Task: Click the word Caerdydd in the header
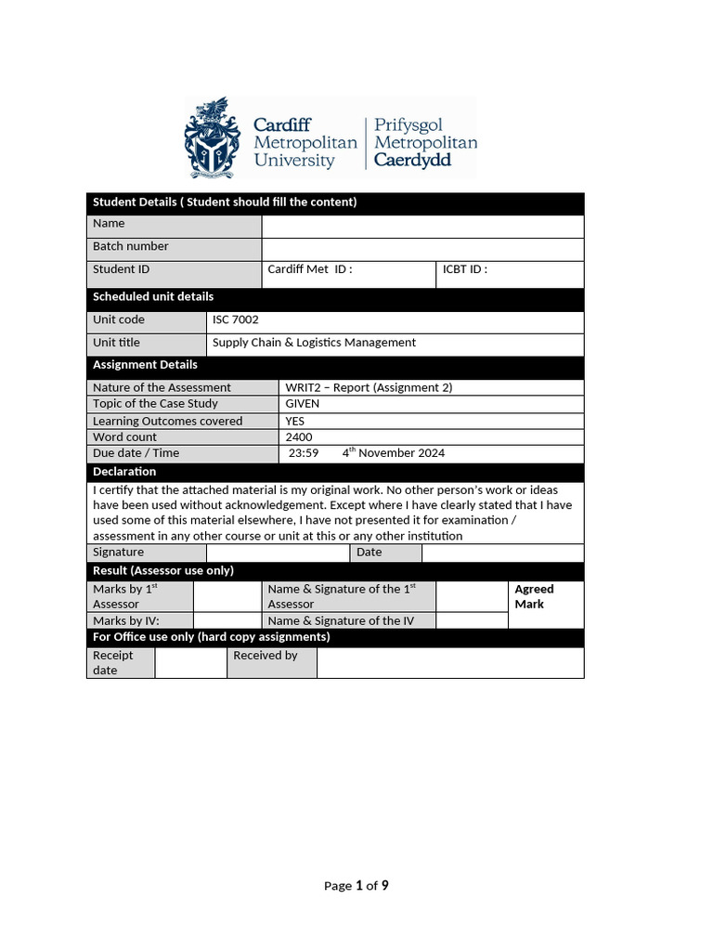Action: (x=412, y=161)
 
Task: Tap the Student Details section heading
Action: (x=225, y=202)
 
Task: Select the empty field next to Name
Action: (x=422, y=226)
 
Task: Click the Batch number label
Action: (x=131, y=246)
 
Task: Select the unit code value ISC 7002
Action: (x=236, y=319)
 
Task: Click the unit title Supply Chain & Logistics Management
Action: (x=314, y=343)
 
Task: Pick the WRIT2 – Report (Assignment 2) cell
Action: (x=369, y=388)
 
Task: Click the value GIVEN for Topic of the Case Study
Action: (x=303, y=404)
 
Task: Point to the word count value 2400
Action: (x=299, y=437)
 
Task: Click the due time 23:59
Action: (x=304, y=453)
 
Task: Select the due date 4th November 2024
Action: (x=393, y=453)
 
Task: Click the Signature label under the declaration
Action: (x=119, y=552)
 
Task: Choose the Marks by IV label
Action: (x=126, y=620)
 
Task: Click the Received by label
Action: (x=266, y=656)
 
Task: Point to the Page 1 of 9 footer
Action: (x=356, y=886)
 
